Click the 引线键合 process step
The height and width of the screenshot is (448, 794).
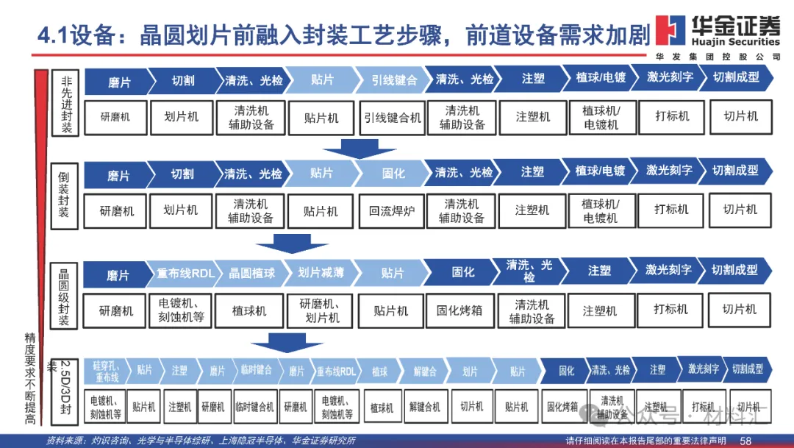393,79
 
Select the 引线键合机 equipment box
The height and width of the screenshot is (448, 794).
393,117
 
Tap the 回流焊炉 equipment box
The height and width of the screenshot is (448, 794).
392,210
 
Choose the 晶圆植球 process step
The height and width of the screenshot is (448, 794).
251,273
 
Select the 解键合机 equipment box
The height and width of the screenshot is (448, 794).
425,407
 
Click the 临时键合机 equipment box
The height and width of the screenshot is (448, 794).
254,407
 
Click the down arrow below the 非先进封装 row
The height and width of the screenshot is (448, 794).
360,149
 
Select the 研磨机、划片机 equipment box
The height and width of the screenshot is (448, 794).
322,311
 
